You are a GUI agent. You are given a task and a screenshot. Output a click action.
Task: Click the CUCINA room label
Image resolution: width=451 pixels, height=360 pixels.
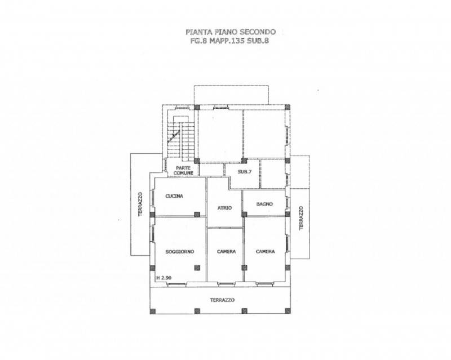(x=174, y=196)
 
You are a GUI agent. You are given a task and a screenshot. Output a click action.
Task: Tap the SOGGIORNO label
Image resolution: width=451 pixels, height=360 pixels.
(x=180, y=252)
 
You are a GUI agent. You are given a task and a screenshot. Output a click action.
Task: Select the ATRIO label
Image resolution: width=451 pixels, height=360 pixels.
(x=224, y=208)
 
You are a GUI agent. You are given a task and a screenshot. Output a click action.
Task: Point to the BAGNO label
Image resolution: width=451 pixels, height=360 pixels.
(x=264, y=204)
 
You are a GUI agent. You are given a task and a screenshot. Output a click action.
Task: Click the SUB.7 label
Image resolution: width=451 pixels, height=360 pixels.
(x=245, y=172)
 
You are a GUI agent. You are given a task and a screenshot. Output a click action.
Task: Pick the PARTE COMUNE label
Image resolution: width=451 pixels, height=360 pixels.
(x=183, y=171)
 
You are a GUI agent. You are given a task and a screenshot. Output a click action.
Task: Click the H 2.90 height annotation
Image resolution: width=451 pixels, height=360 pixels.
(x=164, y=278)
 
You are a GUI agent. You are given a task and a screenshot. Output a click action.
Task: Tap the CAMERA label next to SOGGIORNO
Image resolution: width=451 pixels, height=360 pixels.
(x=227, y=252)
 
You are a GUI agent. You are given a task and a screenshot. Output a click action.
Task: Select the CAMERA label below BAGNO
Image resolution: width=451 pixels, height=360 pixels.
(x=265, y=252)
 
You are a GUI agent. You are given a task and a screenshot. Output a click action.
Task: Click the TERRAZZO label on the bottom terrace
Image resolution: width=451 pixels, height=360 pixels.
(x=222, y=300)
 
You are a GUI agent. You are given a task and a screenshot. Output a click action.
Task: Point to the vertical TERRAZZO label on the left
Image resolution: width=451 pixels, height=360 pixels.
(x=140, y=204)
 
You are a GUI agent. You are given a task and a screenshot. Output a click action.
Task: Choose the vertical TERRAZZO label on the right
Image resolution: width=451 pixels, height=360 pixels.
(x=301, y=218)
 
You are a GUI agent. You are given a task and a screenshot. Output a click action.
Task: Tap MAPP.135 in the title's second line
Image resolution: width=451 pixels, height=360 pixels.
(x=227, y=41)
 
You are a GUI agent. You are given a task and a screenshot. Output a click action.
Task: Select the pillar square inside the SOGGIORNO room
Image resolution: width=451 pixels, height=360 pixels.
(x=197, y=268)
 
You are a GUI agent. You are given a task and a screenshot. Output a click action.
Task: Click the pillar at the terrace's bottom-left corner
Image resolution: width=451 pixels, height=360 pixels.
(x=152, y=311)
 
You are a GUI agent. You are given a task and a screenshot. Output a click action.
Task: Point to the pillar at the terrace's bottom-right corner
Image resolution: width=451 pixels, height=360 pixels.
(x=288, y=311)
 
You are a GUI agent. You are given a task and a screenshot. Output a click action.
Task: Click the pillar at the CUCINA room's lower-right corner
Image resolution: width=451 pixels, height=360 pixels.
(x=197, y=214)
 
